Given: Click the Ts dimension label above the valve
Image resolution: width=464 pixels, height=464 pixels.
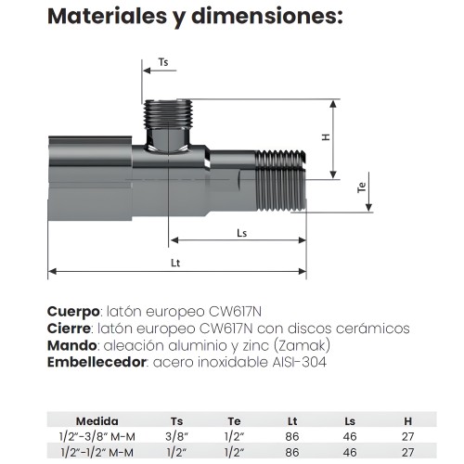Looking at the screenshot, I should pyautogui.click(x=163, y=62).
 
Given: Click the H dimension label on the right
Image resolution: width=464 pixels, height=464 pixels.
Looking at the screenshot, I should pyautogui.click(x=326, y=136).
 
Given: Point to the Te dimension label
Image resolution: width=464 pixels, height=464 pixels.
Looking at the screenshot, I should pyautogui.click(x=363, y=188).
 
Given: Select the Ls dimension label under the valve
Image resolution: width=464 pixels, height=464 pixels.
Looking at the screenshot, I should pyautogui.click(x=241, y=232).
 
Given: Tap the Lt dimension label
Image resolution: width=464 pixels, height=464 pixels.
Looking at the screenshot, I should pyautogui.click(x=175, y=263).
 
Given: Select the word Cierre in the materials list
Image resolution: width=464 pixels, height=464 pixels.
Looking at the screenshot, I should pyautogui.click(x=69, y=329).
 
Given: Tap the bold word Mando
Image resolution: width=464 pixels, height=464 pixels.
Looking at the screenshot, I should pyautogui.click(x=71, y=345).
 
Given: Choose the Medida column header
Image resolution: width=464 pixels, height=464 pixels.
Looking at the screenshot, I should pyautogui.click(x=97, y=420).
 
